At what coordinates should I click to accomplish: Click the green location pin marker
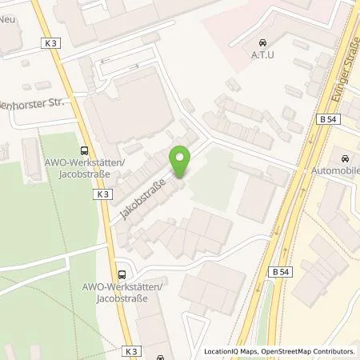tap(181, 163)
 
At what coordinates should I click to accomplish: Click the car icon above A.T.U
tap(262, 42)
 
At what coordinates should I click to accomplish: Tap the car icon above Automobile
tap(346, 158)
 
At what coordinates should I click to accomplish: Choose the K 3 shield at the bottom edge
tap(132, 350)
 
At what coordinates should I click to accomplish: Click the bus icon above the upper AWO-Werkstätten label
tap(84, 150)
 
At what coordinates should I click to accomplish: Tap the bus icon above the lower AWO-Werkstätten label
tap(122, 272)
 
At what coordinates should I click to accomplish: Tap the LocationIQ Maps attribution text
tap(229, 351)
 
